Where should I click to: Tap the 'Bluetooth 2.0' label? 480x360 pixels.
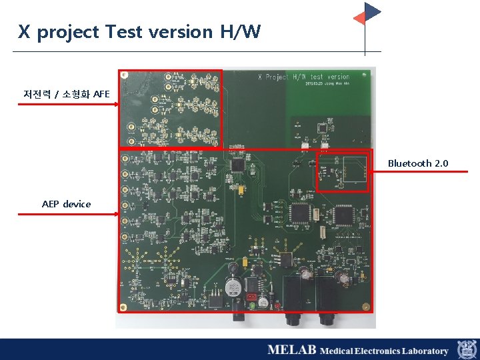click(418, 163)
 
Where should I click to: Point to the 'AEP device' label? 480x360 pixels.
click(66, 204)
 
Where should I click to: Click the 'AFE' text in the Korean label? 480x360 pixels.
click(101, 94)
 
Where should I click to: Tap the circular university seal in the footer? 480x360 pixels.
click(466, 349)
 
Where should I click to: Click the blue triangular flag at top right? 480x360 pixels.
click(372, 11)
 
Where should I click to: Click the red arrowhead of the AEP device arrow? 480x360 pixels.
click(117, 214)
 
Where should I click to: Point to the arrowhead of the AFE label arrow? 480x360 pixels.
click(117, 104)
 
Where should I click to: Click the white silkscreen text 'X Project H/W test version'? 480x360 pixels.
click(303, 77)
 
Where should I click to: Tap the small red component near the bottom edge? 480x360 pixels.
click(251, 297)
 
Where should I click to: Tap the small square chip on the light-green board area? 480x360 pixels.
click(323, 127)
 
